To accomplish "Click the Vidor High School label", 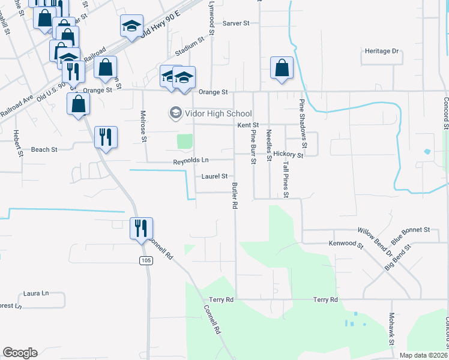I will [x=218, y=113].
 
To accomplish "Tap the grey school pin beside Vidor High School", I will [x=176, y=113].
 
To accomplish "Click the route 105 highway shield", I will [x=145, y=260].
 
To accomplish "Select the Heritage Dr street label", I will [x=382, y=52].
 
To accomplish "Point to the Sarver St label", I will [x=236, y=23].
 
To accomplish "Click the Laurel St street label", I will [x=215, y=176].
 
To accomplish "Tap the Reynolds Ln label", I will [x=191, y=161].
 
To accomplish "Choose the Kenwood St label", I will [x=346, y=245].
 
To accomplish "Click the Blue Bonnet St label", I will [x=411, y=230].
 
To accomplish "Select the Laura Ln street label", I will [x=35, y=293].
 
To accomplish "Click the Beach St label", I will [x=44, y=149].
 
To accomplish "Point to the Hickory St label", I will [x=288, y=154].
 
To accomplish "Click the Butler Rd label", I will [x=235, y=196].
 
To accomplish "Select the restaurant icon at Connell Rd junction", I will [x=142, y=228].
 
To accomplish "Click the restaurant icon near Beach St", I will [x=106, y=137].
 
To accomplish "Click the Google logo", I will [x=20, y=353].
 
